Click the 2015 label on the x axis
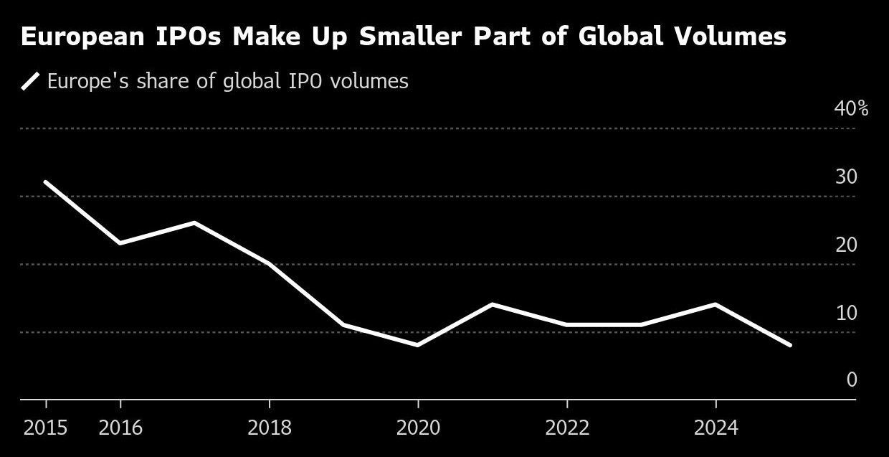(x=45, y=428)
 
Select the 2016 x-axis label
(x=120, y=428)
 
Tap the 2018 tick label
(x=270, y=428)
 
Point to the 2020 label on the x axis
(x=418, y=428)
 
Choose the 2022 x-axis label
(x=567, y=428)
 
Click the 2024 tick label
(x=716, y=428)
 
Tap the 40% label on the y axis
(x=851, y=109)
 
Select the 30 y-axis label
(x=846, y=177)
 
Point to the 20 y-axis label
(x=846, y=245)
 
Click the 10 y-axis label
(x=846, y=314)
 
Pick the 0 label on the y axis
(x=852, y=380)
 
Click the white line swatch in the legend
(x=30, y=82)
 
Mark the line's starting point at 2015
(x=46, y=182)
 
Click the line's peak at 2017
(x=194, y=222)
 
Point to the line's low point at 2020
(x=418, y=345)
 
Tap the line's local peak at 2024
(x=716, y=304)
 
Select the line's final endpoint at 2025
(x=790, y=345)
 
